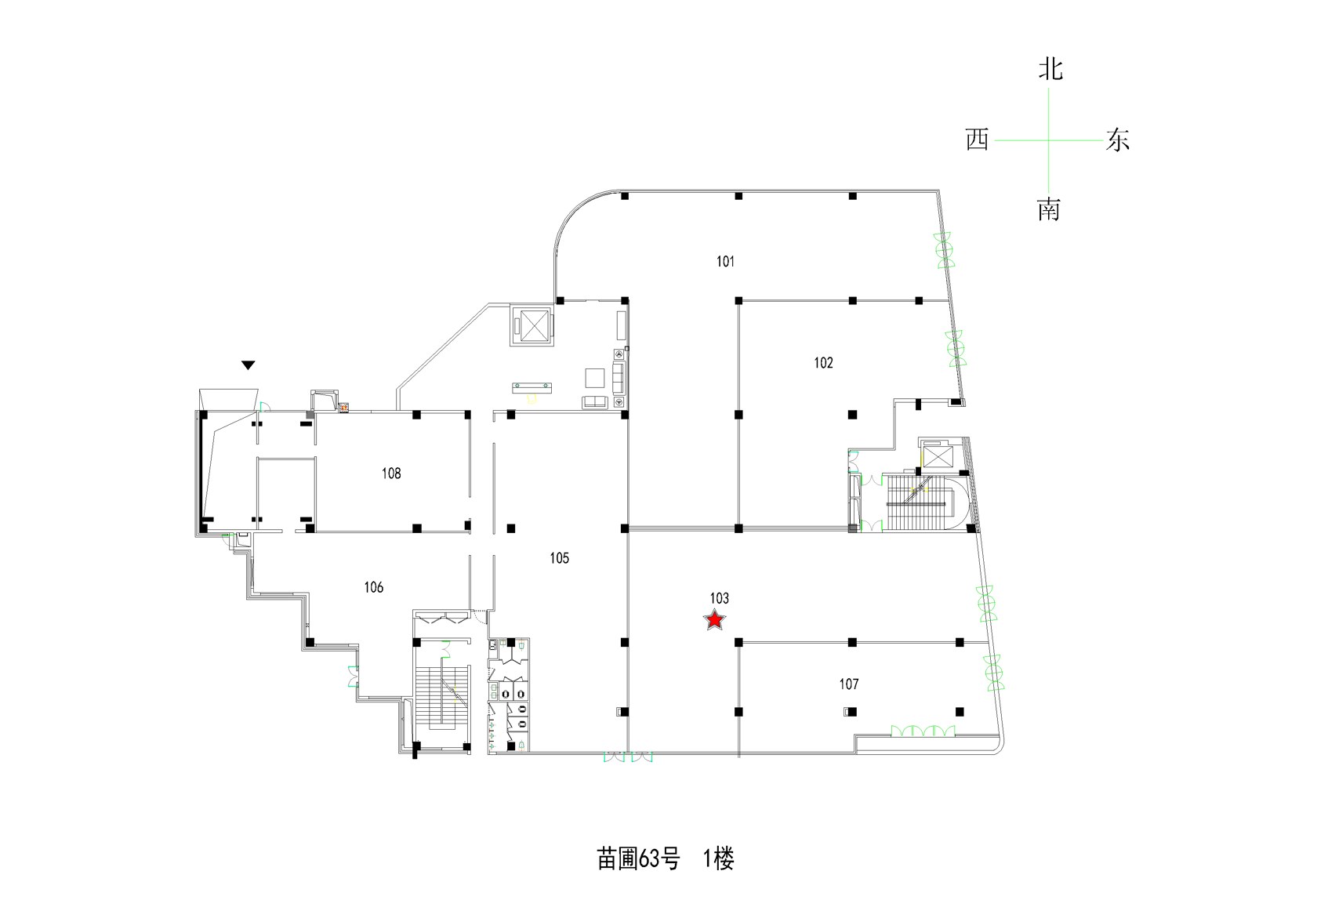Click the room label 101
[726, 262]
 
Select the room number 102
[823, 363]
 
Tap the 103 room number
[719, 599]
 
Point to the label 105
[559, 558]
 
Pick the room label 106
[373, 587]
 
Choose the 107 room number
[848, 684]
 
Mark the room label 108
[391, 474]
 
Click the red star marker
[714, 620]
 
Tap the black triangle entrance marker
[248, 365]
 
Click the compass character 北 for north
[1050, 69]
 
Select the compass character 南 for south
[1049, 209]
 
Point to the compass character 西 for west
[977, 140]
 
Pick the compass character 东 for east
[1117, 140]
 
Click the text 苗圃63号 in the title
[638, 859]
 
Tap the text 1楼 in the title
[718, 859]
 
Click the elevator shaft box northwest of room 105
[533, 325]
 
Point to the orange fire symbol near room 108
[344, 407]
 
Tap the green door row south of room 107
[923, 731]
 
